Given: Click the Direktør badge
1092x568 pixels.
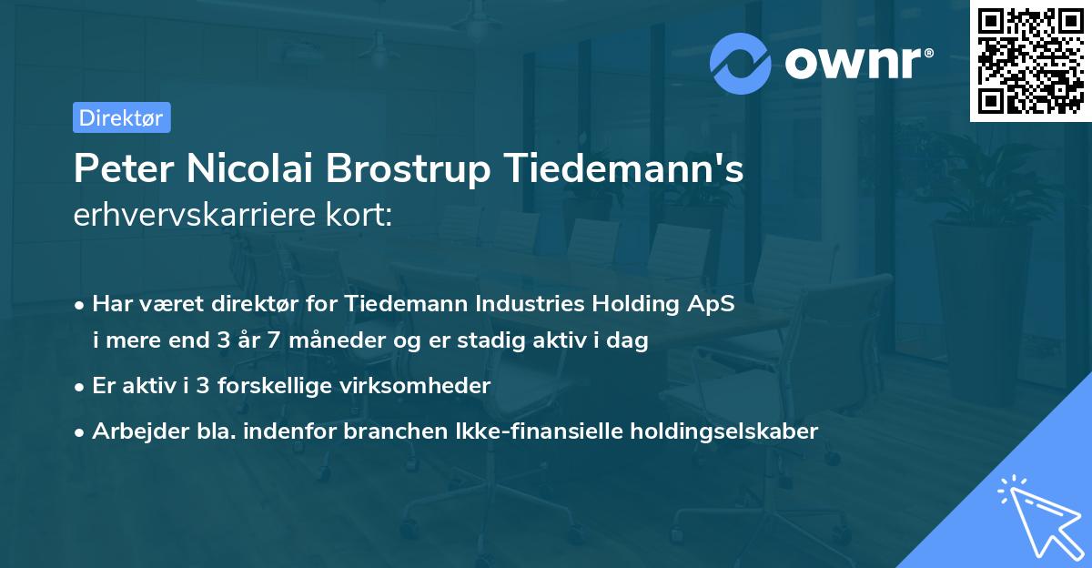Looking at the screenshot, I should [x=121, y=117].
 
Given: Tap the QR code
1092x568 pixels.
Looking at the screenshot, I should [x=1030, y=61].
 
